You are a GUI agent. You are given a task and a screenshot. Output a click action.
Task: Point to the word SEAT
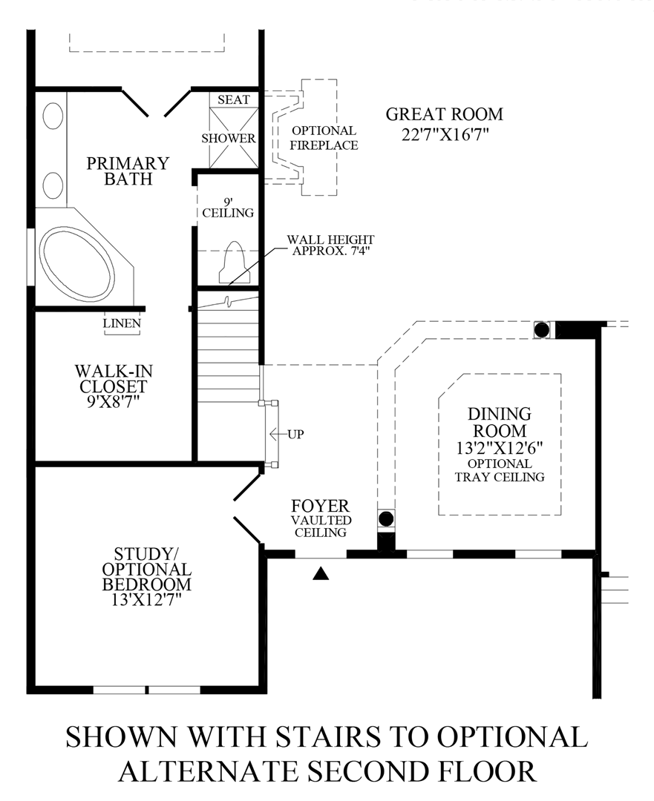point(234,99)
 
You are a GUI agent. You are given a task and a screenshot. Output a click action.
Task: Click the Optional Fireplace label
point(323,138)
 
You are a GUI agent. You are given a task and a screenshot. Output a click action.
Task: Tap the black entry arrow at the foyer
point(321,573)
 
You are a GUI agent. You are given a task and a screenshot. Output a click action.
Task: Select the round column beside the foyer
point(386,518)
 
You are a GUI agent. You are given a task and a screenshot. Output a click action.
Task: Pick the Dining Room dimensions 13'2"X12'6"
point(499,447)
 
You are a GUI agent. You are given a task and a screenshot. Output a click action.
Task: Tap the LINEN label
point(122,323)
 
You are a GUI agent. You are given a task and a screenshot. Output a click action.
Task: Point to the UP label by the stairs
point(295,434)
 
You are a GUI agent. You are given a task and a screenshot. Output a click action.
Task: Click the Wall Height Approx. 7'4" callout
point(332,245)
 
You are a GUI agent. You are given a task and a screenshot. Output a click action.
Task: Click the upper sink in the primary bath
point(53,118)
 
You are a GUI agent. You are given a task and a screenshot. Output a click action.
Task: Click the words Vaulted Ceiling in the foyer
point(320,527)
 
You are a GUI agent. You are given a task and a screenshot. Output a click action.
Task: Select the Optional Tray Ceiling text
point(500,470)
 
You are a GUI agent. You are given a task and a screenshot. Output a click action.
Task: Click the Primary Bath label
point(128,171)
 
